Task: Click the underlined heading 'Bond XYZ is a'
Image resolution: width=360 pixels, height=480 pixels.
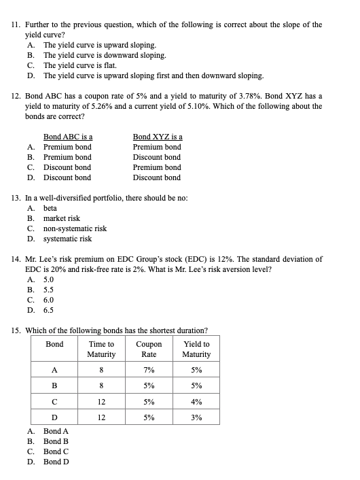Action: point(157,137)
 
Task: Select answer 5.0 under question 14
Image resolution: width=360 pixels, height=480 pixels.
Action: point(48,279)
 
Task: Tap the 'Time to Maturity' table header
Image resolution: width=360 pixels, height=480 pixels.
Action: point(101,349)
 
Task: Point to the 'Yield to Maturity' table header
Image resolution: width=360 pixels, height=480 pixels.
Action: point(196,349)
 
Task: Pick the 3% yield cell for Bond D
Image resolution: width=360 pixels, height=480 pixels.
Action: point(196,417)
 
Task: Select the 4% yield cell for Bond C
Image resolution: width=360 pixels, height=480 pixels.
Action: point(196,402)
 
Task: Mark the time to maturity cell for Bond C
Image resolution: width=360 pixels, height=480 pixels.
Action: point(101,402)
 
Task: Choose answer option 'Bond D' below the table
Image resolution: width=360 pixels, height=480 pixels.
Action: point(56,462)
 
